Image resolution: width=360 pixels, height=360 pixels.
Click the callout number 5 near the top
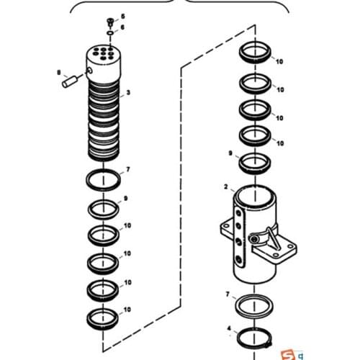pyautogui.click(x=122, y=16)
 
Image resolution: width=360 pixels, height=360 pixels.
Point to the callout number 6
pyautogui.click(x=122, y=27)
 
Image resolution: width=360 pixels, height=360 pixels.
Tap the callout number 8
pyautogui.click(x=59, y=72)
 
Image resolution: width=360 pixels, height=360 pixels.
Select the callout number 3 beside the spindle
pyautogui.click(x=128, y=93)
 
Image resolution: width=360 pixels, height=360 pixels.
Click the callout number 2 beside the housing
pyautogui.click(x=225, y=187)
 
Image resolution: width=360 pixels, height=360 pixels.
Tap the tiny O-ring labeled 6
pyautogui.click(x=108, y=32)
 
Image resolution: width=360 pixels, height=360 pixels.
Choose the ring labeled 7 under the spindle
pyautogui.click(x=105, y=179)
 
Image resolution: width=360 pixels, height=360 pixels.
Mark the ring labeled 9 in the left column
pyautogui.click(x=105, y=210)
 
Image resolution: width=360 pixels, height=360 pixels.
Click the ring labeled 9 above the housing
pyautogui.click(x=254, y=161)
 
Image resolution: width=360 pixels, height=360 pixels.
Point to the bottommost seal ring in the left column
pyautogui.click(x=105, y=316)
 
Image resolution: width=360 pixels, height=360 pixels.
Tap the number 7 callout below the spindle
pyautogui.click(x=127, y=170)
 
